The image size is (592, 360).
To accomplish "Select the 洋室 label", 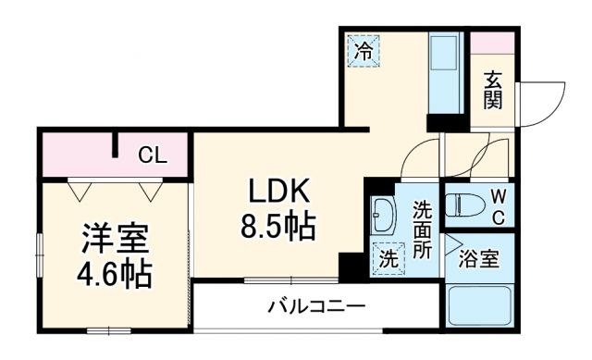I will pos(114,239).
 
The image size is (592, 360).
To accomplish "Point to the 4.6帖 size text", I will pos(114,274).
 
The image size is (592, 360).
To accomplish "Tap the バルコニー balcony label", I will pos(317,304).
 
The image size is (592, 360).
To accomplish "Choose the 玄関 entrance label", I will pos(492,90).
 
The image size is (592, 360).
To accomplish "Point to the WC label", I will pos(497,206).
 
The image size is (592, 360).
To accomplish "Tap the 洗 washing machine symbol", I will pos(388,259).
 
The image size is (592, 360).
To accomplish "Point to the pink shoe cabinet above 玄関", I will pos(492,43).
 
